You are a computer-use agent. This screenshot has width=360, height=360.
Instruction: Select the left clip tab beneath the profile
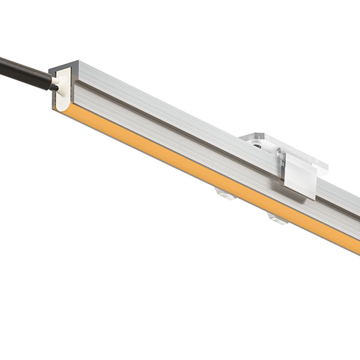tap(223, 193)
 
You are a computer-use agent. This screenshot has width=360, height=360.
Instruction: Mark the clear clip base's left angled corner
tap(241, 137)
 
